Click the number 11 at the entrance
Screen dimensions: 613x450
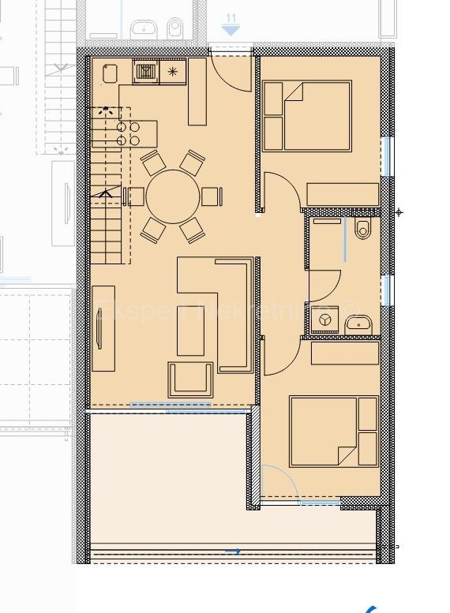point(231,18)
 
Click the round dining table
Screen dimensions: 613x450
point(174,196)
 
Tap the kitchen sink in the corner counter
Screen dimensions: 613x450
point(110,73)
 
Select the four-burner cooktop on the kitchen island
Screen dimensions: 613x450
point(129,133)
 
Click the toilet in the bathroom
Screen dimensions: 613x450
point(362,230)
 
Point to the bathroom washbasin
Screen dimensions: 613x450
point(358,322)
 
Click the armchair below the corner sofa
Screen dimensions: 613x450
point(190,379)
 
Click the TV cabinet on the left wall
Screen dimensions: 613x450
point(103,328)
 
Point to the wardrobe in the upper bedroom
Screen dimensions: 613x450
point(343,194)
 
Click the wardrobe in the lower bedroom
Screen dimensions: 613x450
point(345,353)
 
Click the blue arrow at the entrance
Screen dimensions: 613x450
point(231,30)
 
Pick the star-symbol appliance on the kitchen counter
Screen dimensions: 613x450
point(173,72)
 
